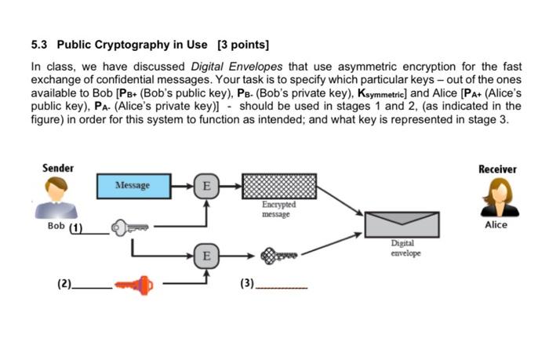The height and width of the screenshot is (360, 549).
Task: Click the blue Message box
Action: point(131,186)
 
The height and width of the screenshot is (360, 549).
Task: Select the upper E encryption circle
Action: point(206,186)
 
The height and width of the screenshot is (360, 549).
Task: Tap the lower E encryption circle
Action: point(206,256)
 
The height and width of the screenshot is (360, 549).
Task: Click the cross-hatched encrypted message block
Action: point(279,187)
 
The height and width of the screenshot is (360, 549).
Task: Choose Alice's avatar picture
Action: point(496,196)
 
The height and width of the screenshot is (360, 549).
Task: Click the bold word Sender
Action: point(58,168)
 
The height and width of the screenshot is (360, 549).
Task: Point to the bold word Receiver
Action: point(496,169)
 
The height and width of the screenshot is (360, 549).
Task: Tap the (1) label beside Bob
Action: point(76,228)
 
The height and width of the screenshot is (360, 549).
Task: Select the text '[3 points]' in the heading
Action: point(243,43)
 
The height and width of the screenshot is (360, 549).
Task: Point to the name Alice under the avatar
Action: point(496,225)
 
